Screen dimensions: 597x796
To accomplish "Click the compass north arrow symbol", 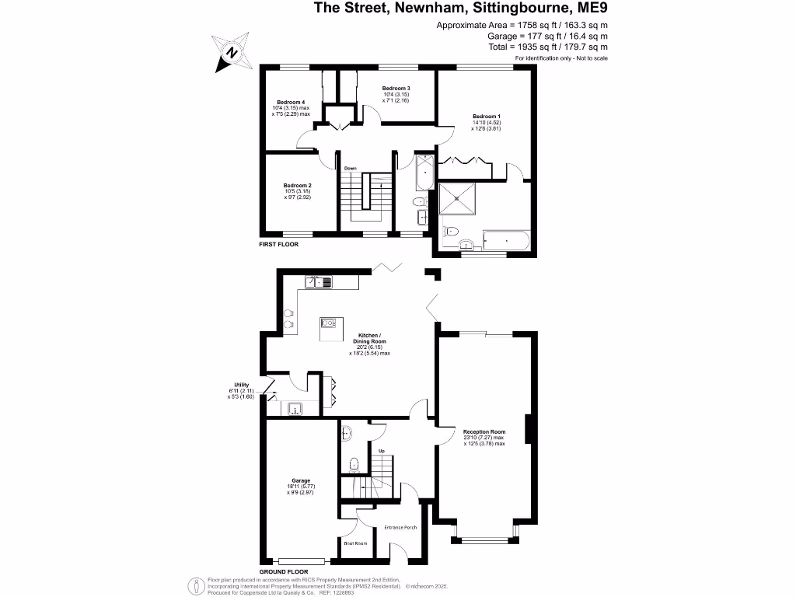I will [x=231, y=53].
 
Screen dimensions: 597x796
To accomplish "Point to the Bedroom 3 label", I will [x=396, y=89].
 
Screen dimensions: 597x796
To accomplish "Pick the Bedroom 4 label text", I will [x=291, y=103].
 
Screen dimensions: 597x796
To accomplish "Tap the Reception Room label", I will [x=484, y=431].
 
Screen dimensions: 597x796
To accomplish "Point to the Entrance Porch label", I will [x=400, y=528].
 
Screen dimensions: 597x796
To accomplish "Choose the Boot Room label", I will [x=355, y=543].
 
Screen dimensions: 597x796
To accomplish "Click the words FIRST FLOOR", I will [x=278, y=244].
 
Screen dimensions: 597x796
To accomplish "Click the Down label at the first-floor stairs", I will [x=351, y=167].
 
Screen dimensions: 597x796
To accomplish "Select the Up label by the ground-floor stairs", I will [x=381, y=451].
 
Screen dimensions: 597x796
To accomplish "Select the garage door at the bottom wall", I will [x=302, y=561].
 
